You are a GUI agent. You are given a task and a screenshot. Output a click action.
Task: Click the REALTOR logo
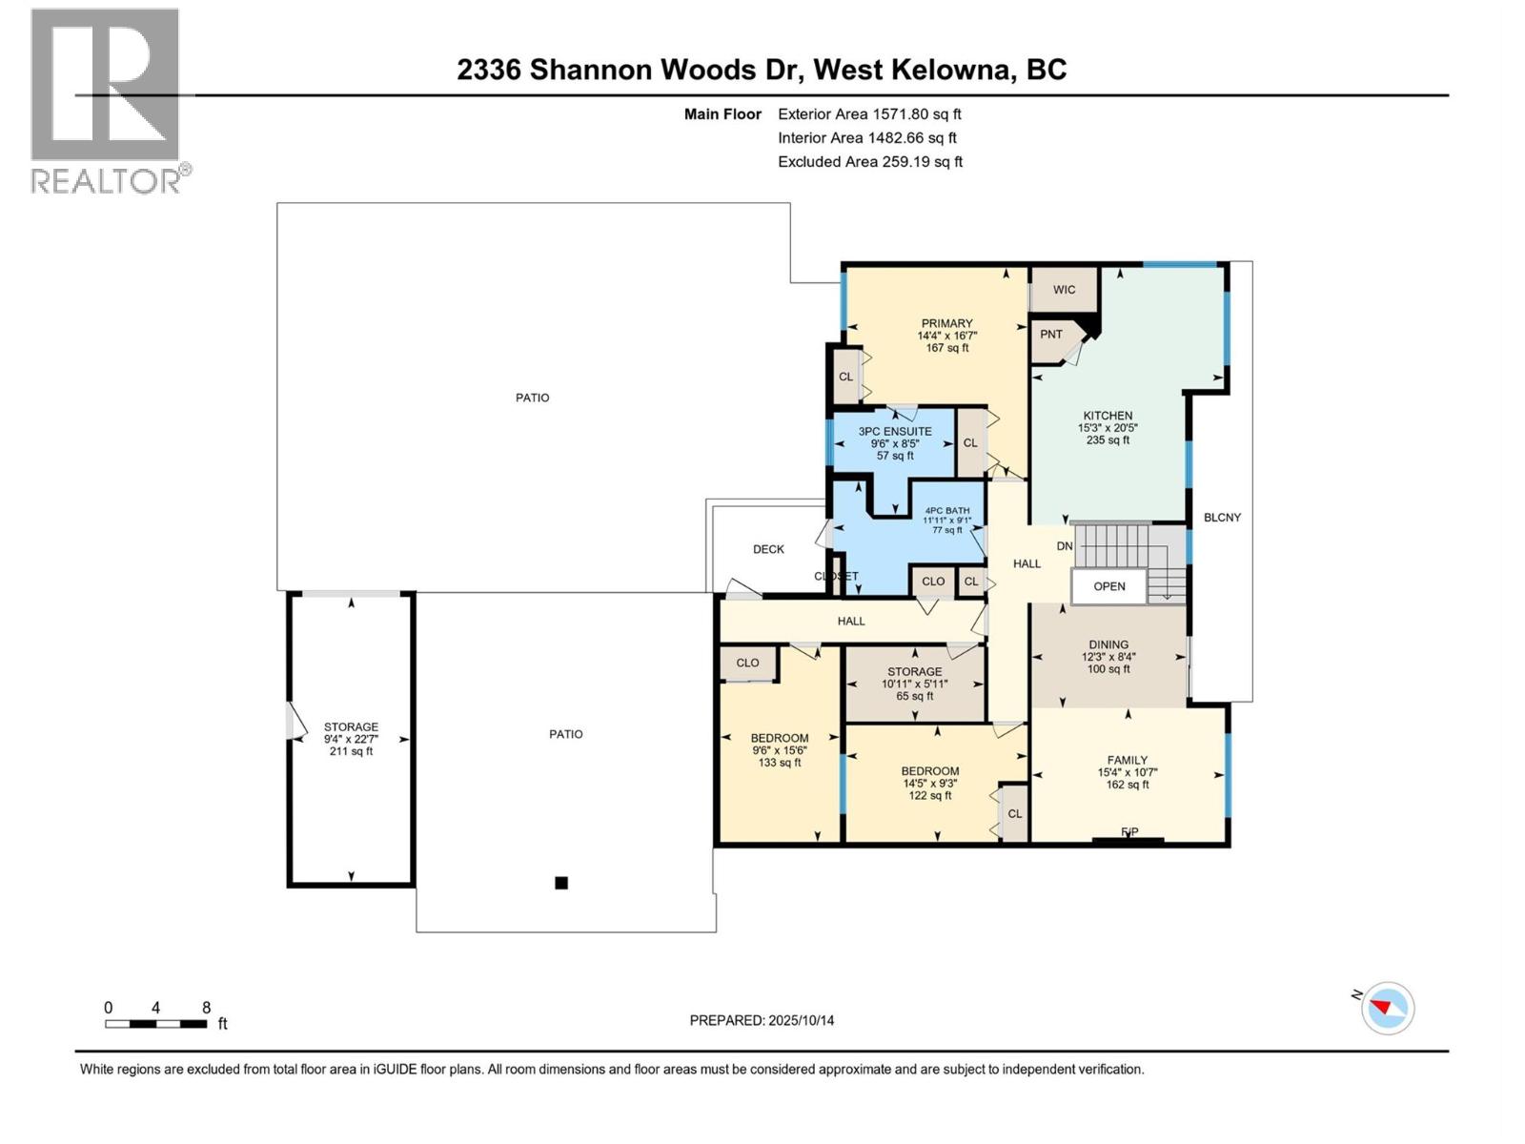106,101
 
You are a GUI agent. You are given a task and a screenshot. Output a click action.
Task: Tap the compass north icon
1388,1008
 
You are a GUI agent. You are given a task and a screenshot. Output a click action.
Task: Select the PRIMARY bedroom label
946,335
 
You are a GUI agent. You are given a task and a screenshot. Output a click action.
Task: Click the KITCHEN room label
1107,427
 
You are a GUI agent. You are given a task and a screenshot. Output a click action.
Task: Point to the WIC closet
1064,290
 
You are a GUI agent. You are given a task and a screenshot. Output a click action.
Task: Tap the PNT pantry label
1051,335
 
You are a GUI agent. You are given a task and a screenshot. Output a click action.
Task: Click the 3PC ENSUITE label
894,443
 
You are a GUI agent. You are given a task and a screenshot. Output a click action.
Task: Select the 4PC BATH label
946,520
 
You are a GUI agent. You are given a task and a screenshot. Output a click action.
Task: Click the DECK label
768,549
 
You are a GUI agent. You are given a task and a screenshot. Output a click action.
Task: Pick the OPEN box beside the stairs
1108,586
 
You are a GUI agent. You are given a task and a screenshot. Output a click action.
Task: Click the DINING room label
1108,656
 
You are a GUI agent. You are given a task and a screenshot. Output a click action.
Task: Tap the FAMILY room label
1128,772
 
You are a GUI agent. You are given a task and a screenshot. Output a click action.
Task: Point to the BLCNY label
1222,518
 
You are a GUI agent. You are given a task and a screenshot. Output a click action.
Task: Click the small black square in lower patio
561,883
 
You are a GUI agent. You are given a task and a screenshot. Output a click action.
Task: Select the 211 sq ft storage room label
351,739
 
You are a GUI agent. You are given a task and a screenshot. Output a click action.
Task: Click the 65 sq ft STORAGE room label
914,684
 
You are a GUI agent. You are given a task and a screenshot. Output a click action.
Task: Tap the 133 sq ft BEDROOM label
779,749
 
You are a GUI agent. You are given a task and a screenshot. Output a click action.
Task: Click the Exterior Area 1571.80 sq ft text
869,113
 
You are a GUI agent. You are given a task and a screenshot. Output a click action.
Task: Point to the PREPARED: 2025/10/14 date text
762,1020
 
